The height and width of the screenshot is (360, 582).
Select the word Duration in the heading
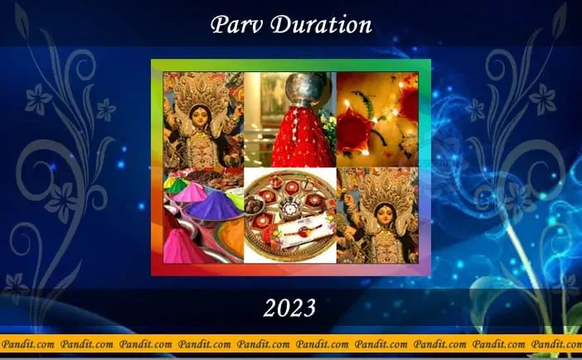(x=321, y=25)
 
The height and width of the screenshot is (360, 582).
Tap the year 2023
(x=289, y=308)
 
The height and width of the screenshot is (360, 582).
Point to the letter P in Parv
(x=219, y=25)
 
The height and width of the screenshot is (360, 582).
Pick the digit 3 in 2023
(x=309, y=308)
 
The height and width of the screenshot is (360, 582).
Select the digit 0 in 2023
(x=283, y=308)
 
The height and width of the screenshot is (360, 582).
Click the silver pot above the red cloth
(x=307, y=89)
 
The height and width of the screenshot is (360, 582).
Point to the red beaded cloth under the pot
(x=302, y=137)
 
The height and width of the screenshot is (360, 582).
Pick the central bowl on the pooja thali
(x=290, y=207)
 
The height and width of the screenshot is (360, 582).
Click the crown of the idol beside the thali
(x=387, y=187)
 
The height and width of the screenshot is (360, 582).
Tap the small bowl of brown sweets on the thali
(x=255, y=204)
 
